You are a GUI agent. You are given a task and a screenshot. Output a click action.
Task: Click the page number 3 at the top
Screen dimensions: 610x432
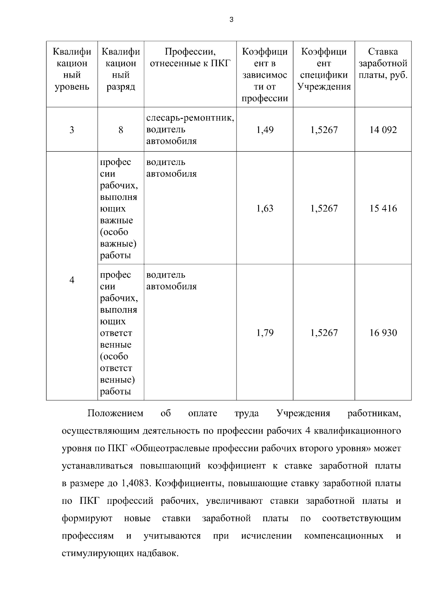pyautogui.click(x=231, y=20)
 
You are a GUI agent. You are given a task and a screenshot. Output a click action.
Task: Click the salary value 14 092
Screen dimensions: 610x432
pyautogui.click(x=383, y=130)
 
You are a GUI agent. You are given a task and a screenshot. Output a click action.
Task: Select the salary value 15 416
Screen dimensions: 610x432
pyautogui.click(x=383, y=208)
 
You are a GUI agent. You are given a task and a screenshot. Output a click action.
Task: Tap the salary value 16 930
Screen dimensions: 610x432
pyautogui.click(x=383, y=333)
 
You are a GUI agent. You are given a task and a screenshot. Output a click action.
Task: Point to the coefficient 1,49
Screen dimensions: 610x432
pyautogui.click(x=265, y=130)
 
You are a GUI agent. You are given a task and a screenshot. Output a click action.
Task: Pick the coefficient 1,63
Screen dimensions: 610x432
pyautogui.click(x=265, y=208)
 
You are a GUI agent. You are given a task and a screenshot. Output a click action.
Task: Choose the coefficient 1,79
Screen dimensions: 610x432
pyautogui.click(x=265, y=333)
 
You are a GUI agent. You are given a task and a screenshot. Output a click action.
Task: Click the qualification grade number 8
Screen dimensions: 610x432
pyautogui.click(x=121, y=130)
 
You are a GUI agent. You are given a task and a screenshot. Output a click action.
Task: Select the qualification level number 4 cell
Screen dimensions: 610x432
pyautogui.click(x=72, y=280)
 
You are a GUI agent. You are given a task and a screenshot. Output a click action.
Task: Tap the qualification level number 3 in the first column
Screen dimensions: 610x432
pyautogui.click(x=72, y=130)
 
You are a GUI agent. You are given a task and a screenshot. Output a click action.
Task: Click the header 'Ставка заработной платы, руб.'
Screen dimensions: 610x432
pyautogui.click(x=383, y=64)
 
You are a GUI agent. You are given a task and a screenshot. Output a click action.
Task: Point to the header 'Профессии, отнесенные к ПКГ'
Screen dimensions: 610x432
pyautogui.click(x=190, y=58)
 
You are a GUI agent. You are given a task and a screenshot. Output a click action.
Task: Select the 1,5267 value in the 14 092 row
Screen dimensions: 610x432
pyautogui.click(x=324, y=130)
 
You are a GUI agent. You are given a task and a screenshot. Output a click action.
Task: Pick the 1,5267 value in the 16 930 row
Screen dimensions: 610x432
pyautogui.click(x=324, y=333)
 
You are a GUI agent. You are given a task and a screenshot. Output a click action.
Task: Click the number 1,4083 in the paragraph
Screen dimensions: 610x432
pyautogui.click(x=133, y=483)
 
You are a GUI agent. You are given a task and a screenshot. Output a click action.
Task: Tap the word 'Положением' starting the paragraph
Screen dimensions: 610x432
pyautogui.click(x=115, y=413)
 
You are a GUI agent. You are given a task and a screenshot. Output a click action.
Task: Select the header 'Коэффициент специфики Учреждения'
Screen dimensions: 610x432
pyautogui.click(x=324, y=69)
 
